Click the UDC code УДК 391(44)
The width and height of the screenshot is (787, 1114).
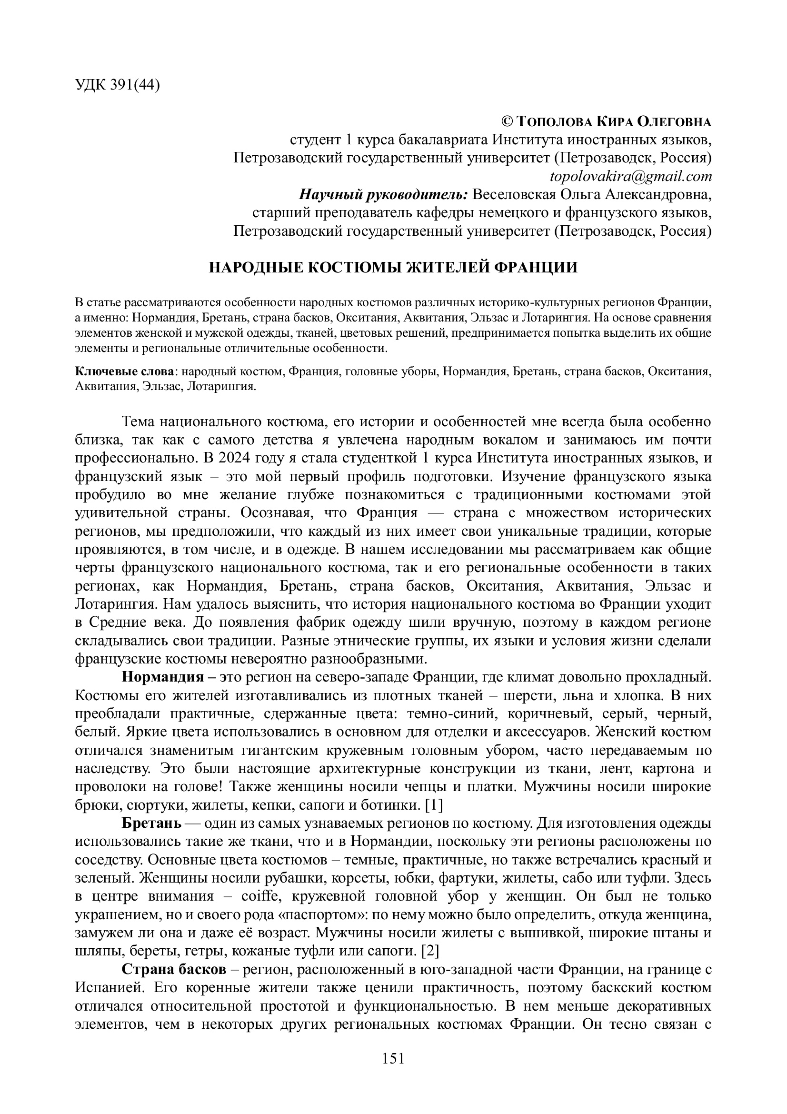117,85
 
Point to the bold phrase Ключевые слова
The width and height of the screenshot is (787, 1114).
125,371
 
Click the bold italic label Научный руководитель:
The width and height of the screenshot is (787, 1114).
383,195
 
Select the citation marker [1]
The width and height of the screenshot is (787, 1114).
434,805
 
